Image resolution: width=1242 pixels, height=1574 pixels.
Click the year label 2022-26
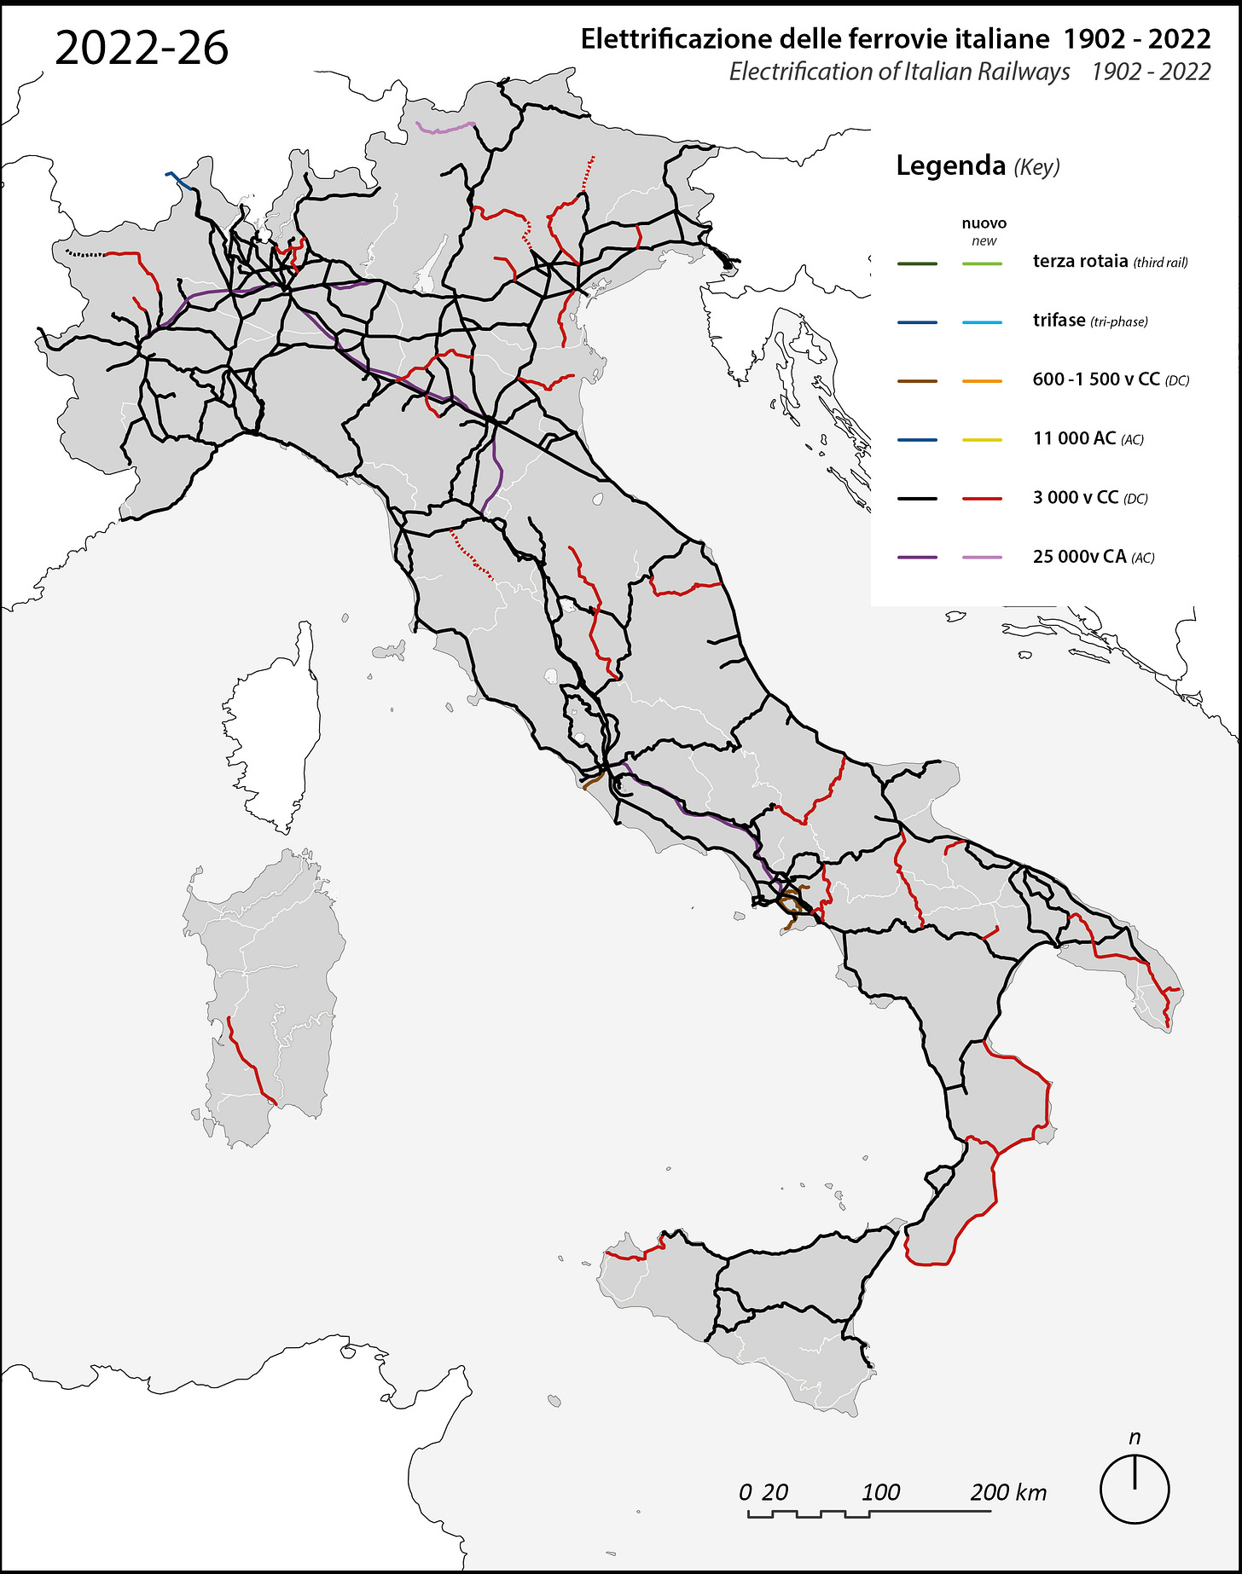pyautogui.click(x=142, y=49)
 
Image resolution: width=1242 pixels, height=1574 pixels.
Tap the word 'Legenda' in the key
pyautogui.click(x=950, y=165)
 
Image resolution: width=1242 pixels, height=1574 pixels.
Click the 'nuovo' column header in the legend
pyautogui.click(x=984, y=223)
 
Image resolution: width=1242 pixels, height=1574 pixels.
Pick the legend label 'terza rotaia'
pyautogui.click(x=1080, y=262)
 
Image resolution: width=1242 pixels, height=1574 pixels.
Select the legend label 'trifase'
pyautogui.click(x=1059, y=321)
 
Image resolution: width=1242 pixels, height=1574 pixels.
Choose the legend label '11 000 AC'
pyautogui.click(x=1074, y=438)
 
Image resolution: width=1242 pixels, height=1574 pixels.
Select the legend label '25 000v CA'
pyautogui.click(x=1079, y=557)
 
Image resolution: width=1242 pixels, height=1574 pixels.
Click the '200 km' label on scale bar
pyautogui.click(x=1007, y=1492)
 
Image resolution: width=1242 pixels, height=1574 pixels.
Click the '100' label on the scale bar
pyautogui.click(x=880, y=1492)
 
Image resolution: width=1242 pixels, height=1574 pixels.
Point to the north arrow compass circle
pyautogui.click(x=1134, y=1490)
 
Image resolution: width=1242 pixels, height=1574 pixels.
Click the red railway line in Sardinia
pyautogui.click(x=247, y=1062)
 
